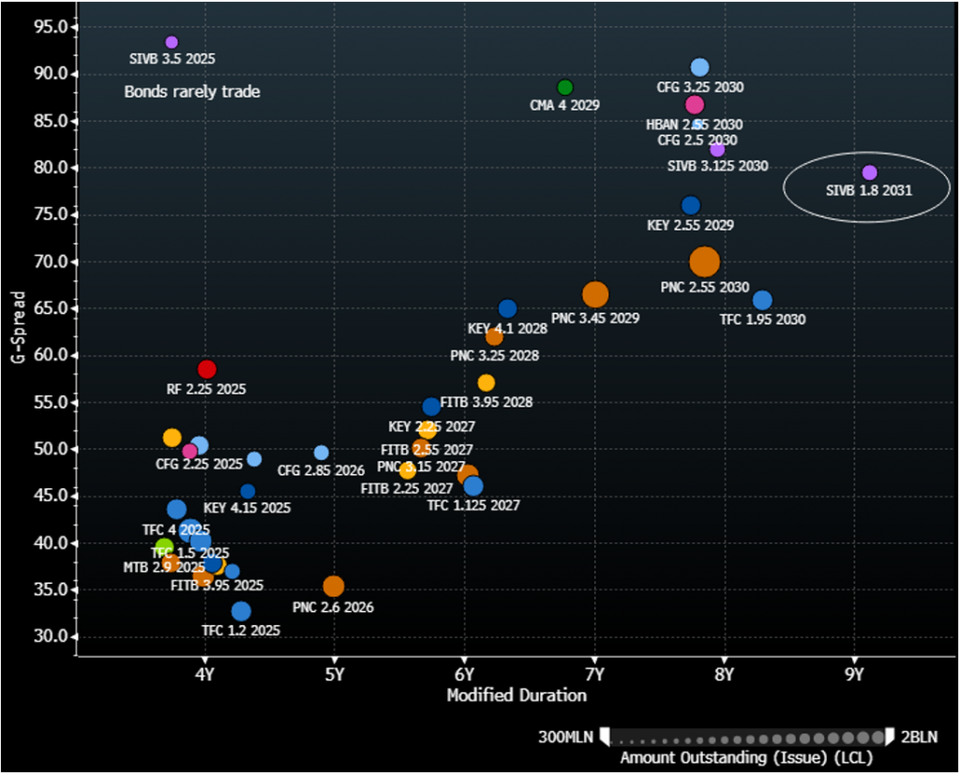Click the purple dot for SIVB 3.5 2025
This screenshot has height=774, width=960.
click(x=172, y=42)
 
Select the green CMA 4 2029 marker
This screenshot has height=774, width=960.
click(x=564, y=87)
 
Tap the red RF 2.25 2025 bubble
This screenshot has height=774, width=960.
click(x=207, y=369)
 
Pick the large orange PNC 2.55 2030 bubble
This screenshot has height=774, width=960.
click(x=704, y=262)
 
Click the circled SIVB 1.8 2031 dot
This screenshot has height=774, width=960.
click(x=869, y=172)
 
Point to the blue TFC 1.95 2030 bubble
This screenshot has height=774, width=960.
click(x=762, y=300)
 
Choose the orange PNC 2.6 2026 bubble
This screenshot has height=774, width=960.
click(x=334, y=587)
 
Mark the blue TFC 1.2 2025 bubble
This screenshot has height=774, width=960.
click(x=241, y=611)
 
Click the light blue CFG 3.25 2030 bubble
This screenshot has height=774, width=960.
click(x=699, y=67)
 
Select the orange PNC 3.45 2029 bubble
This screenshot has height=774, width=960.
click(x=595, y=294)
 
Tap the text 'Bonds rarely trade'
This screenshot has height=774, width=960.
click(x=192, y=92)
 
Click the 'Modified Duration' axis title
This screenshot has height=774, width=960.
click(x=517, y=695)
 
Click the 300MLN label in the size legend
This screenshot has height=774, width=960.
click(x=564, y=737)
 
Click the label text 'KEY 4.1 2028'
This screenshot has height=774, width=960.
click(x=507, y=329)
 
